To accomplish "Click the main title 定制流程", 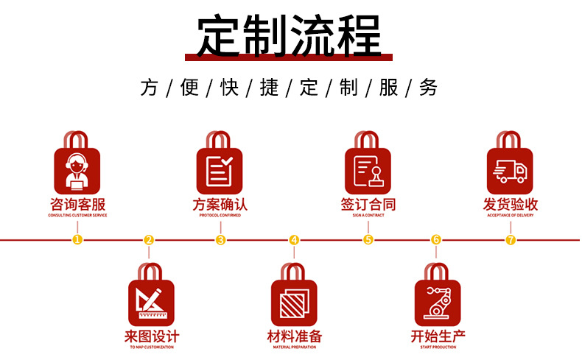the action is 290,35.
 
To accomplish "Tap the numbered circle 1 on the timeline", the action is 77,239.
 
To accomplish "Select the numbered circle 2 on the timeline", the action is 149,239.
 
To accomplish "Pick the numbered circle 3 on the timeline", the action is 220,239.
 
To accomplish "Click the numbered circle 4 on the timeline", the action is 294,239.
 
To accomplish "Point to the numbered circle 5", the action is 368,239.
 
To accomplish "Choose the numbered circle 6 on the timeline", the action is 436,239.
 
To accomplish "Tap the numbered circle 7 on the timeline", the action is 511,239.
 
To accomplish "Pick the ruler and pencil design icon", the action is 151,303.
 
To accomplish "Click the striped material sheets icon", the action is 294,303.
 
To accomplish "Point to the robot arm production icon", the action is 437,303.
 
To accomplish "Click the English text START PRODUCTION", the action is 437,347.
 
